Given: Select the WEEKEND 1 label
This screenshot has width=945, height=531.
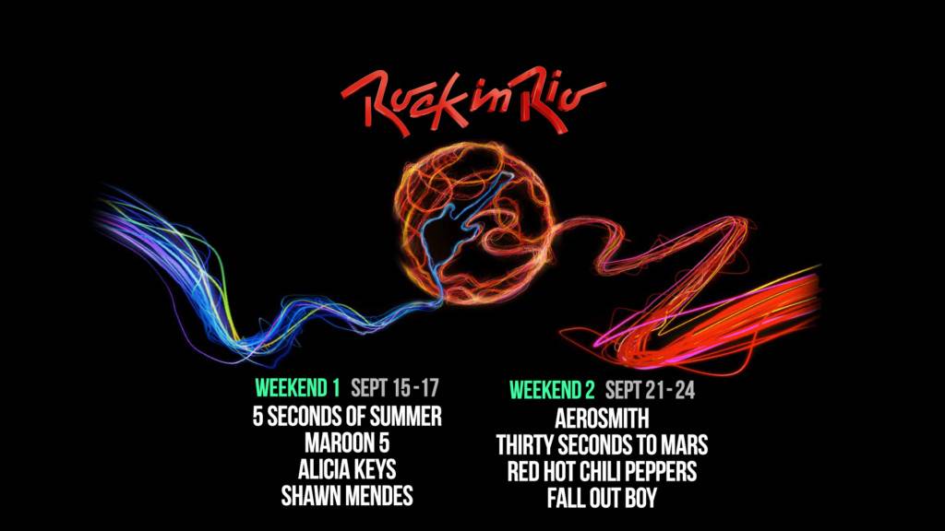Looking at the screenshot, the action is [298, 388].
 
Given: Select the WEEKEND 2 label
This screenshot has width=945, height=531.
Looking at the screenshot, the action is [552, 390].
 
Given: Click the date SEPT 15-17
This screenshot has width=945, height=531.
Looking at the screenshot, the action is [395, 388].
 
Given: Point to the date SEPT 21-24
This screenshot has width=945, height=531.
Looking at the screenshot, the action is [651, 390].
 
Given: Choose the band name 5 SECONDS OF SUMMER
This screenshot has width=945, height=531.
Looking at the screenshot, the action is [347, 416].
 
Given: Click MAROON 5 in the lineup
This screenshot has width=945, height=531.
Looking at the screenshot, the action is [347, 443].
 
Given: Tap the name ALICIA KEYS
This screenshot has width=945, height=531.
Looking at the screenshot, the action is [347, 469].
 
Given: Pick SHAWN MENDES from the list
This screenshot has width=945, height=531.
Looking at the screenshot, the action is [347, 496].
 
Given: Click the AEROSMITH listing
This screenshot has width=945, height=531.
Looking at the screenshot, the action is [602, 419].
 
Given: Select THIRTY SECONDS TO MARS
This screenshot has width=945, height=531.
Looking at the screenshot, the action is [602, 445].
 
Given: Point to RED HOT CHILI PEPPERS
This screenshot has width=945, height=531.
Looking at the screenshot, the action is [602, 471].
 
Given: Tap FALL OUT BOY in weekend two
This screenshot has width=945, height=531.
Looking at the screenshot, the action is [602, 498].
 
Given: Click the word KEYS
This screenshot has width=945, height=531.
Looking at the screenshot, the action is [374, 469].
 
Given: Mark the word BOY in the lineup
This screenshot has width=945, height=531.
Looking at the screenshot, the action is [640, 498].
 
